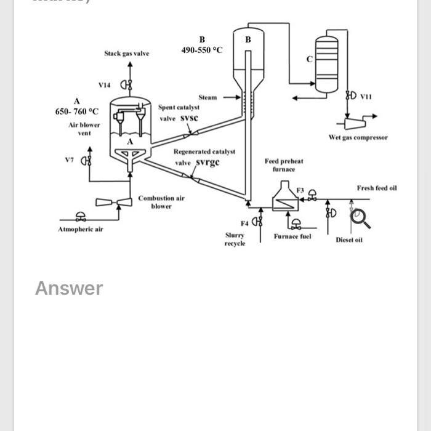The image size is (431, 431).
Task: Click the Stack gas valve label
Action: tap(126, 54)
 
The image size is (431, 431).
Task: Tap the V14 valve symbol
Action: tap(126, 85)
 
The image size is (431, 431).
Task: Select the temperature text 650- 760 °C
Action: tap(76, 111)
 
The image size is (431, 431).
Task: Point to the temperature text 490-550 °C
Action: tap(201, 50)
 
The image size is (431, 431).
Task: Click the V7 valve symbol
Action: tap(87, 161)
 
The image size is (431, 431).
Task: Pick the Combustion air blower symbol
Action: tap(115, 202)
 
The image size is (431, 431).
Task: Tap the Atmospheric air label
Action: tap(81, 229)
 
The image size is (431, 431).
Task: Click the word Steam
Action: tap(207, 97)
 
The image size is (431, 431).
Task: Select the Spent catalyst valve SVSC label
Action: tap(178, 113)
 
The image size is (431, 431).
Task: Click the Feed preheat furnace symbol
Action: tap(284, 197)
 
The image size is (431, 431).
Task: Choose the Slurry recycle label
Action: tap(235, 239)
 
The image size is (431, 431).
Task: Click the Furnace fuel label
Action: tap(292, 236)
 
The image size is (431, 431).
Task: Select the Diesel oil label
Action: tap(348, 240)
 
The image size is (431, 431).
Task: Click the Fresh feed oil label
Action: tap(376, 187)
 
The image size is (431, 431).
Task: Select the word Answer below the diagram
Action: tap(68, 288)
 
